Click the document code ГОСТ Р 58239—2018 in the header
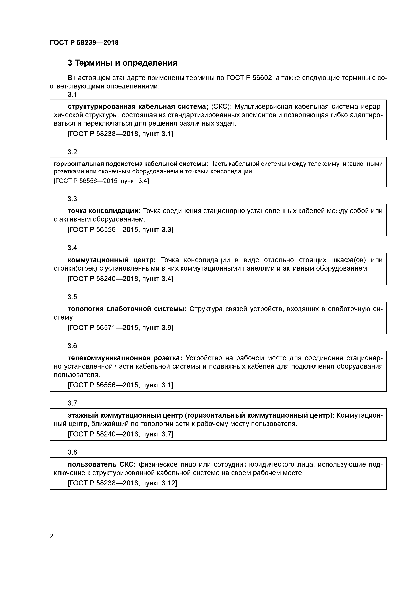pyautogui.click(x=84, y=43)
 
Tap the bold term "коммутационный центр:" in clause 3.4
pyautogui.click(x=111, y=260)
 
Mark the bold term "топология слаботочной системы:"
pyautogui.click(x=127, y=309)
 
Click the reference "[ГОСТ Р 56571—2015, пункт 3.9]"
pyautogui.click(x=120, y=328)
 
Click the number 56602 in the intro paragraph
pyautogui.click(x=262, y=78)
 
